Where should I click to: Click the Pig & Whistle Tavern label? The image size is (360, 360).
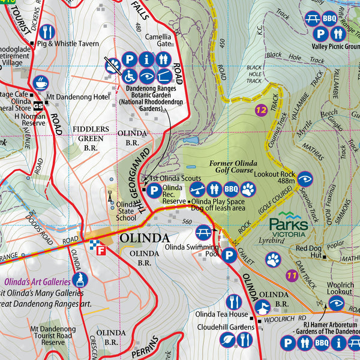(x=67, y=44)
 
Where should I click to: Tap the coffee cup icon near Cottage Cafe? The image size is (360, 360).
(x=41, y=82)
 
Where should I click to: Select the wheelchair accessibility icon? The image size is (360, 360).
(x=129, y=76)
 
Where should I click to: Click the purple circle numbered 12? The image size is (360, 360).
(x=260, y=110)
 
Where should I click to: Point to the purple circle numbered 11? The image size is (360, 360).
(x=292, y=275)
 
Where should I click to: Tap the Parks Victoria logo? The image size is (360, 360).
(x=289, y=225)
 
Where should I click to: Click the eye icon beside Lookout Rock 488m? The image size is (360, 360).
(x=305, y=178)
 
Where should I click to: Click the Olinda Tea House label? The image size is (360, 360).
(x=221, y=314)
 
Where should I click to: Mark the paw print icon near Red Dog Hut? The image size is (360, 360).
(x=274, y=259)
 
